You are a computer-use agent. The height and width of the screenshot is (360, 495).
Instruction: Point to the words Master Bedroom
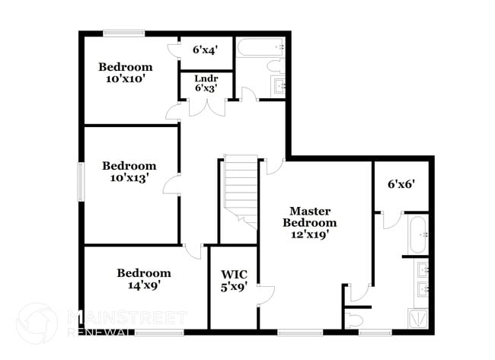[309, 216]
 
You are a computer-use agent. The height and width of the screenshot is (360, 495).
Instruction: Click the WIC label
[234, 274]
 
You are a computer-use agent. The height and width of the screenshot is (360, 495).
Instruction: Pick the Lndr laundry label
[206, 78]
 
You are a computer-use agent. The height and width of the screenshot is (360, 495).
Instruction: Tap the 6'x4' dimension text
[206, 50]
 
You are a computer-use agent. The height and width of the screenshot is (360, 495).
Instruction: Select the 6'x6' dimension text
[401, 183]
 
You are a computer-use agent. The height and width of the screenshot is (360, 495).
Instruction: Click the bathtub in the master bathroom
[417, 235]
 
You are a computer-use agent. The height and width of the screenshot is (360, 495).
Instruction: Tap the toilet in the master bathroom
[355, 319]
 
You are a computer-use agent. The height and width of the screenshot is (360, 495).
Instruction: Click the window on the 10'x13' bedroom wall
[81, 181]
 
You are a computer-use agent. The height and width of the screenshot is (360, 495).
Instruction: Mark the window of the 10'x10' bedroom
[123, 32]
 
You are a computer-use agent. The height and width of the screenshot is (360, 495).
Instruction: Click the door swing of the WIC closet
[264, 294]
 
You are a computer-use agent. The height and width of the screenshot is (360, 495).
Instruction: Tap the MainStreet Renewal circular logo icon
[36, 320]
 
